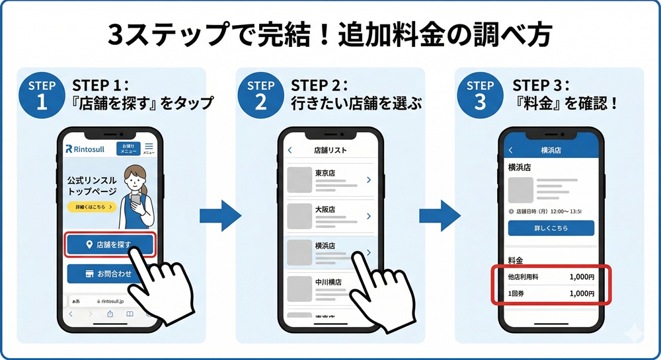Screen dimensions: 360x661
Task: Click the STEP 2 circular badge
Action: click(x=260, y=94)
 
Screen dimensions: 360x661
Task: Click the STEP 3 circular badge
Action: click(x=480, y=94)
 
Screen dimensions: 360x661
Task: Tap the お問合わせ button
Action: click(x=110, y=273)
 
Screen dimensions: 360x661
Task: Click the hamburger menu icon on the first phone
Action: click(x=149, y=147)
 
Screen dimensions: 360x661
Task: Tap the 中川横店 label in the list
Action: click(x=329, y=282)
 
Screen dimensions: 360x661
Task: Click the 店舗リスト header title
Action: click(x=330, y=150)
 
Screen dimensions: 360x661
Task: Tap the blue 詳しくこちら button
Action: click(x=551, y=228)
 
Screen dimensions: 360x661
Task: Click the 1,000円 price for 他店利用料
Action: click(x=582, y=277)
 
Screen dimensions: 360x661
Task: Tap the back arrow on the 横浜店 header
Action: click(x=510, y=150)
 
